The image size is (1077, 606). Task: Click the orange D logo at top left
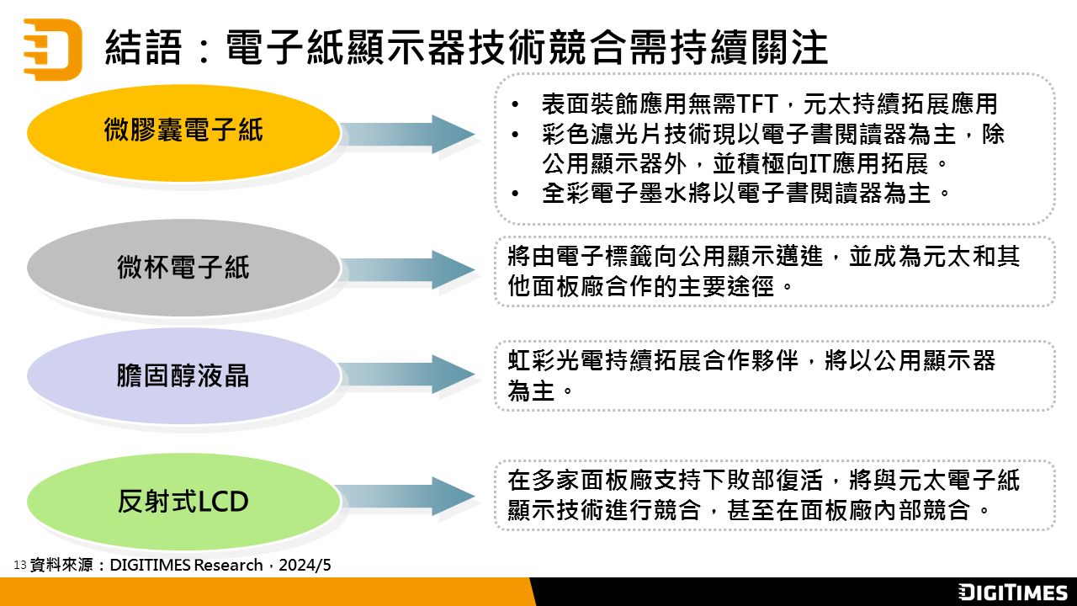[x=53, y=49]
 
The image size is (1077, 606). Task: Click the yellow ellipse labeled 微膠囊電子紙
[x=183, y=133]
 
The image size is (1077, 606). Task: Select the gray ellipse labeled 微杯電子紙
[x=183, y=268]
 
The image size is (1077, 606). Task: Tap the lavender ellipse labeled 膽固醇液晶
[x=183, y=375]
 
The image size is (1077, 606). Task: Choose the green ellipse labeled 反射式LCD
[x=183, y=501]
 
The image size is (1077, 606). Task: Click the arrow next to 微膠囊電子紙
[x=408, y=134]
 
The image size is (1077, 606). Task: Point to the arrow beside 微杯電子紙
[x=408, y=269]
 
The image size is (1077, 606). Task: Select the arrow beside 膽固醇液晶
[x=408, y=375]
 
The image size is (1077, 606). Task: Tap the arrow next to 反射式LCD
[x=408, y=497]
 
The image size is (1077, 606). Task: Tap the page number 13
[x=19, y=565]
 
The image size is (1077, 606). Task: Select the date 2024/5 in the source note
[x=305, y=565]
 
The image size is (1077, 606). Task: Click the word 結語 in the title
[x=143, y=47]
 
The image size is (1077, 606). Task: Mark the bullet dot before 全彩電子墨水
[x=516, y=194]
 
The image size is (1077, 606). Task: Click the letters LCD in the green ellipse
[x=223, y=502]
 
